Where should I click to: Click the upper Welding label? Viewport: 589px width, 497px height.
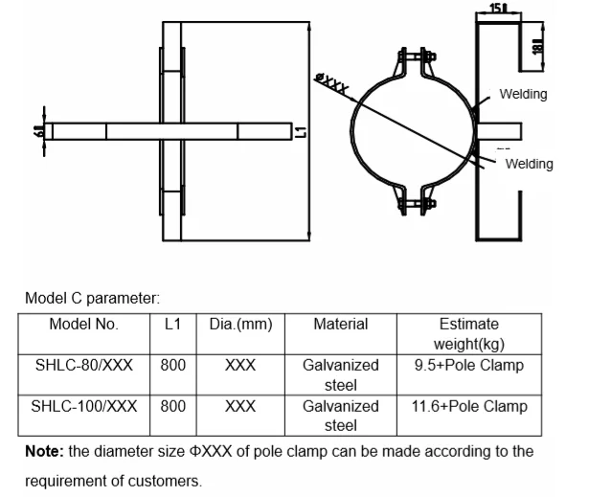click(523, 94)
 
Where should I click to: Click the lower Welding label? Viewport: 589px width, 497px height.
click(529, 164)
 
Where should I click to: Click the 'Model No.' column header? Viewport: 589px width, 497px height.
click(84, 324)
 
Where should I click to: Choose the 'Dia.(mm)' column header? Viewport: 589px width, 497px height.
click(240, 324)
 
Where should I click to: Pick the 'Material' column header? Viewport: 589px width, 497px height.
click(341, 324)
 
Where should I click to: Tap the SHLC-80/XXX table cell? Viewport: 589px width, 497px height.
click(84, 365)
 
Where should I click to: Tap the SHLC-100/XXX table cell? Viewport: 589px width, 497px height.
click(84, 406)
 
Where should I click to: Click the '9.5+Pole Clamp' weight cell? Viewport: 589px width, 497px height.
click(469, 365)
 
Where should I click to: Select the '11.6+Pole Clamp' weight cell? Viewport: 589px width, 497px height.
click(469, 406)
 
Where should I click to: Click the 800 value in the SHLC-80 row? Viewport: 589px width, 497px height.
click(173, 365)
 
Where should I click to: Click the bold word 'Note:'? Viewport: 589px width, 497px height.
click(43, 450)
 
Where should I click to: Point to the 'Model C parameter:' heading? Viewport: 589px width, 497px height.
click(86, 299)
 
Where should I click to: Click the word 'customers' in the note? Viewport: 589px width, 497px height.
click(170, 481)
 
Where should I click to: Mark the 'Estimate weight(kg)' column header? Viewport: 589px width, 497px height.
click(469, 333)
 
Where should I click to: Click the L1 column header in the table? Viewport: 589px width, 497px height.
click(173, 324)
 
